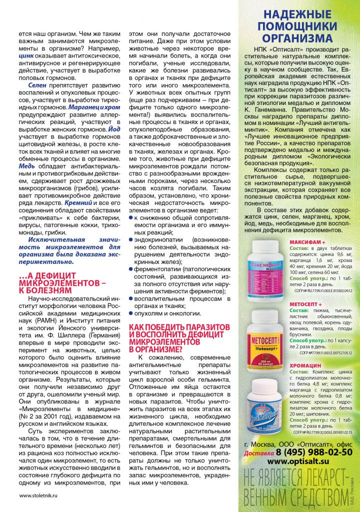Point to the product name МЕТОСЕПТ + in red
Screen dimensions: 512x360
(305, 303)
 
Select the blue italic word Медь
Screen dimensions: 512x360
(27, 166)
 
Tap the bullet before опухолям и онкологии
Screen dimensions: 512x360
(131, 313)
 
